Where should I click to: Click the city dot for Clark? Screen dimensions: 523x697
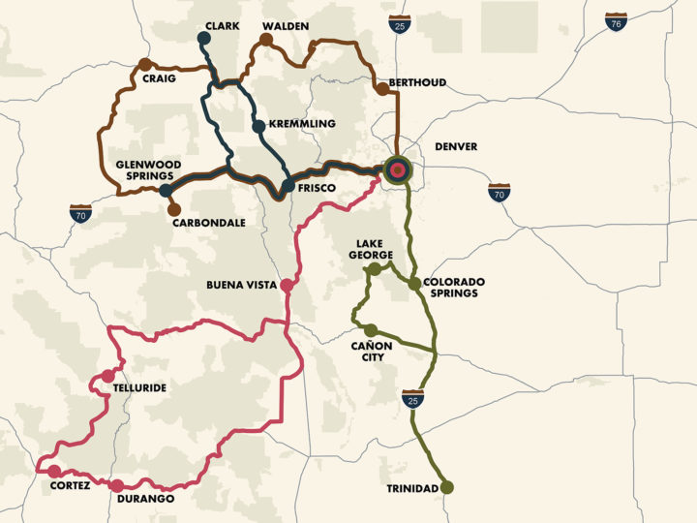203,38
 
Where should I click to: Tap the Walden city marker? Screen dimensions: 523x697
265,40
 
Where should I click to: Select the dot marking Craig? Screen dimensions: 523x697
144,64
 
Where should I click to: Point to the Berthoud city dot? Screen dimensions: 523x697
382,89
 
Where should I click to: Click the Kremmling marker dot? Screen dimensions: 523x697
258,126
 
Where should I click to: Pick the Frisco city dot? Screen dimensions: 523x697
288,186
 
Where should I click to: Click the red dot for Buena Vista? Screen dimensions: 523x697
287,285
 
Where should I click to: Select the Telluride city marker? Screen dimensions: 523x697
107,376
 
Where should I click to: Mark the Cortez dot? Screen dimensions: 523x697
54,471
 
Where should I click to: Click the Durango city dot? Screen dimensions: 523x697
117,485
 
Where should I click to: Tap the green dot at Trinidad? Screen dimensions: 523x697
447,487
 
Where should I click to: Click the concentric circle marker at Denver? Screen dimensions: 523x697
397,170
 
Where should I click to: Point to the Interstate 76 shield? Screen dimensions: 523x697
614,22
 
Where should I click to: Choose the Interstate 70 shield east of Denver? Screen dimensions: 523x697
499,192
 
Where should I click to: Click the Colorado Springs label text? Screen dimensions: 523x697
453,288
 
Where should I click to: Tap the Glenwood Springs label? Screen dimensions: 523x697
144,170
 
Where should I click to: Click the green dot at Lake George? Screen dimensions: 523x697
374,269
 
